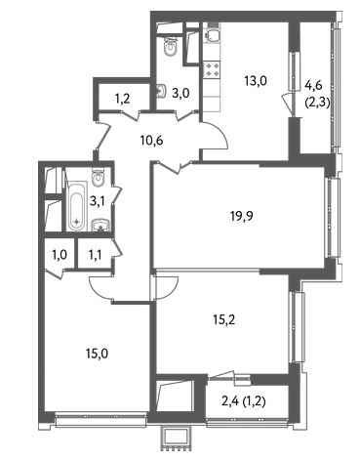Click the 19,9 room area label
point(242,216)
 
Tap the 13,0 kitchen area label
point(256,80)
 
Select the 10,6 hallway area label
point(151,141)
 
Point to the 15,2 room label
point(224,320)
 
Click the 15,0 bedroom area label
point(97,354)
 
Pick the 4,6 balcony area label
point(313,85)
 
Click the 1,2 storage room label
point(123,98)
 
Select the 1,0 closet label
point(60,255)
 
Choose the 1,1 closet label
point(95,255)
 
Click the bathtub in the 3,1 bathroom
point(77,206)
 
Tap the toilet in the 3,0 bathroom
point(170,47)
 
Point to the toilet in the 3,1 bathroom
point(98,177)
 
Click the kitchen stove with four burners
point(212,70)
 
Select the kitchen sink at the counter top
point(212,35)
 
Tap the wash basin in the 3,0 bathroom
point(162,91)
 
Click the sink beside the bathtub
point(100,225)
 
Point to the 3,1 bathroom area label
point(98,202)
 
